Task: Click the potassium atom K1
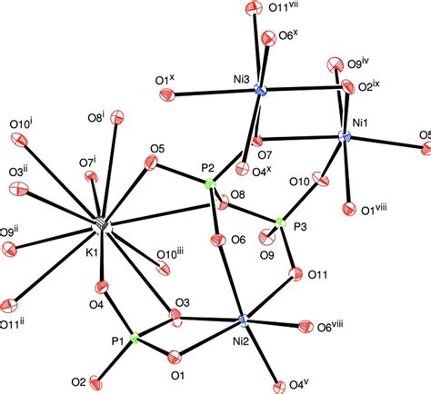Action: (x=102, y=225)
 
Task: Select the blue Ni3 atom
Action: (x=260, y=90)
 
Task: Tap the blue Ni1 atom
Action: (x=345, y=137)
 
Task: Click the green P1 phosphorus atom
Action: (x=134, y=338)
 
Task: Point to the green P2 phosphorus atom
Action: (x=210, y=184)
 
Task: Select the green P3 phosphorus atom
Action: (x=281, y=223)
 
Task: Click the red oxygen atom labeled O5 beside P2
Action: (x=151, y=163)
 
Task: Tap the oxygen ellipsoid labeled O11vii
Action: (x=253, y=7)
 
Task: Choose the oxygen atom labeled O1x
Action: (x=166, y=94)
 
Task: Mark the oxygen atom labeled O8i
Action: (x=117, y=117)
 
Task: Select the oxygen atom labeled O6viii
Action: (x=306, y=327)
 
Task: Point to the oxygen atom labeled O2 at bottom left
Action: (x=96, y=382)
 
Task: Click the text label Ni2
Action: (x=241, y=341)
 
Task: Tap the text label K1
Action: (x=92, y=252)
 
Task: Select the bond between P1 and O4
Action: (x=118, y=312)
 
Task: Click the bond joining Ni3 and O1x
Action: (x=215, y=93)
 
